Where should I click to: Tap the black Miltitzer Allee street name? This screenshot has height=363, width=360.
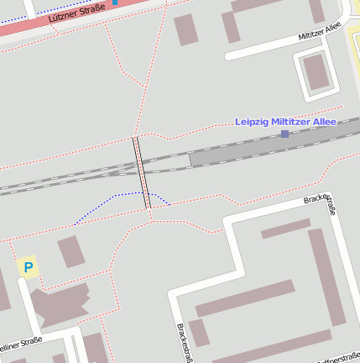(320, 33)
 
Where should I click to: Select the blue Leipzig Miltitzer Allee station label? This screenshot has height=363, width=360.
(285, 122)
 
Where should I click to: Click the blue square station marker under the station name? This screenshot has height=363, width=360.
(285, 134)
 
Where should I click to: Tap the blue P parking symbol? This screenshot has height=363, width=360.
(29, 268)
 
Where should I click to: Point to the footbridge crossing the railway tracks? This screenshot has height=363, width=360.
(143, 172)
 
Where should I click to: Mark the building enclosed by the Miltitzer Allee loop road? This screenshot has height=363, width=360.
(316, 71)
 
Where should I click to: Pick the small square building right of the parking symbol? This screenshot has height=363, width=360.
(70, 251)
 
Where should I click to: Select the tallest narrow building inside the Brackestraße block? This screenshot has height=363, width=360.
(326, 276)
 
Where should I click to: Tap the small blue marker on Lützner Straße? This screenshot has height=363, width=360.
(115, 2)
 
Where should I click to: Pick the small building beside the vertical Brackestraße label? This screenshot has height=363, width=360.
(199, 333)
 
